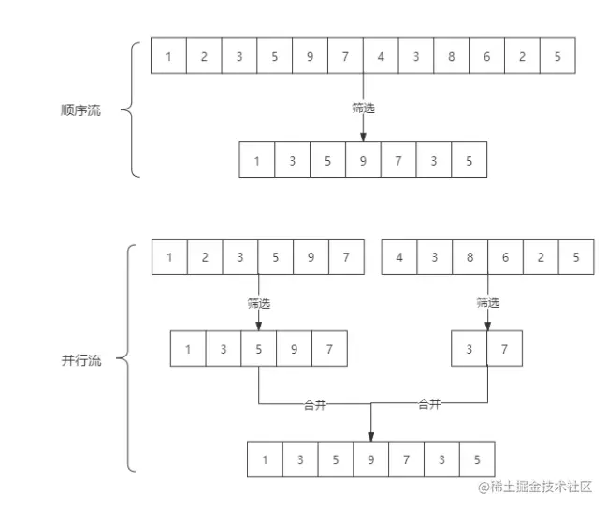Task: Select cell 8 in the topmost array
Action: [452, 56]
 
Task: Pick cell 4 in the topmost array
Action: [381, 56]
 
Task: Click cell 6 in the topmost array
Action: [487, 56]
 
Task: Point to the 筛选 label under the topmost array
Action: [363, 108]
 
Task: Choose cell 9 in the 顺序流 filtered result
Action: [363, 160]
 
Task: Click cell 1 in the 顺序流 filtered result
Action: [257, 160]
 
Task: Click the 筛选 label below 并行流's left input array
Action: [259, 302]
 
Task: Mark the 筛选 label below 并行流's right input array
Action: [488, 302]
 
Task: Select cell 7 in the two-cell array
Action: [506, 349]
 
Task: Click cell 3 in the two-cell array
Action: [470, 349]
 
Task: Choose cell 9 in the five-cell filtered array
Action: [294, 349]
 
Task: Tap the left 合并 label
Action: [315, 404]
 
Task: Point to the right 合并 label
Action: [429, 404]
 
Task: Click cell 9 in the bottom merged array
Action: [371, 459]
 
